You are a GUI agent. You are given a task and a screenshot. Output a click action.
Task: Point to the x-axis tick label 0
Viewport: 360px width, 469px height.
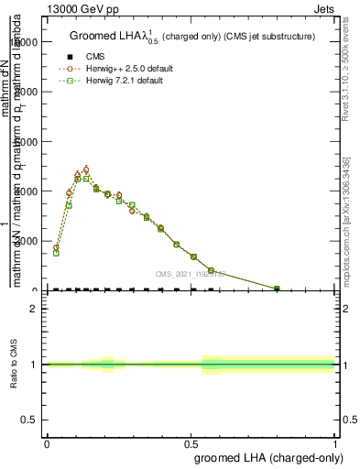click(47, 442)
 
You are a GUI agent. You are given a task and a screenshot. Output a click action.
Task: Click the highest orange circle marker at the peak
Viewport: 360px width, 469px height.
click(86, 169)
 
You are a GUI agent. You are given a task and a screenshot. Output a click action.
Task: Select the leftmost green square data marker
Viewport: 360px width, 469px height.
click(56, 253)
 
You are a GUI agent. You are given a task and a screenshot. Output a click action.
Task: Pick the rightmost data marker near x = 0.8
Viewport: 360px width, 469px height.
click(277, 289)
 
